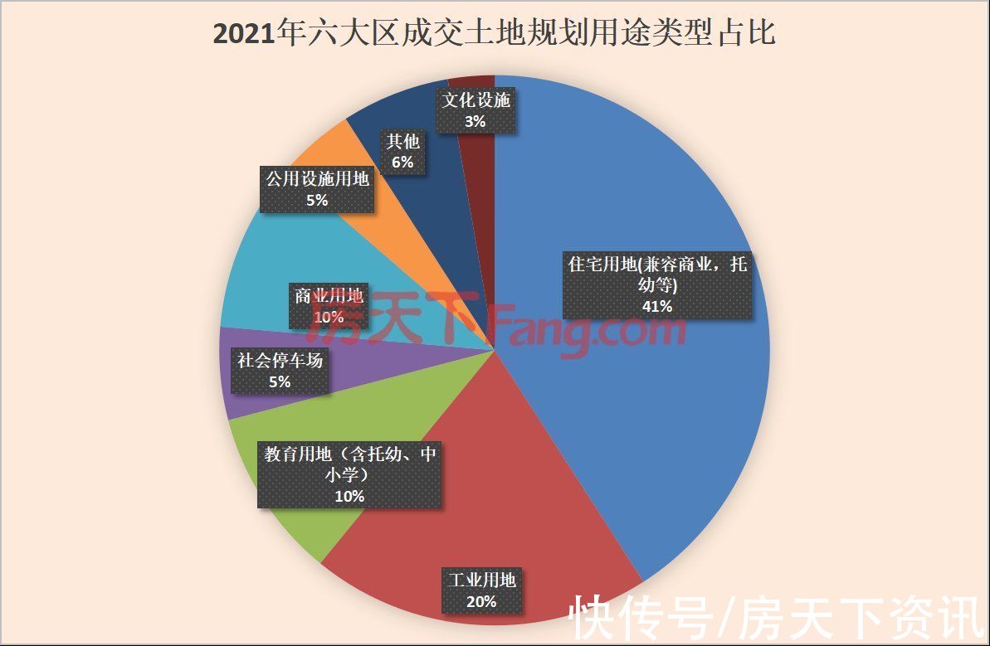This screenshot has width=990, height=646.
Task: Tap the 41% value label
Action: tap(657, 306)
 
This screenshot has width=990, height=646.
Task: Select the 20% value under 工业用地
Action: tap(481, 601)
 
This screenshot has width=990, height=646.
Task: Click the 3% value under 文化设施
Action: tap(475, 121)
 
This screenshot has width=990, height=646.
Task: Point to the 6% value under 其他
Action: tap(402, 163)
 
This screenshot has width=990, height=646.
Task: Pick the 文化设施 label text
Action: tap(475, 101)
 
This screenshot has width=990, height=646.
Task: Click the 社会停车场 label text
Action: tap(279, 361)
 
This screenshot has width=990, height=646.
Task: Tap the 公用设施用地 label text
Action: tap(316, 178)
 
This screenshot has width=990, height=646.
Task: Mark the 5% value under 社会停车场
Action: tap(279, 381)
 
